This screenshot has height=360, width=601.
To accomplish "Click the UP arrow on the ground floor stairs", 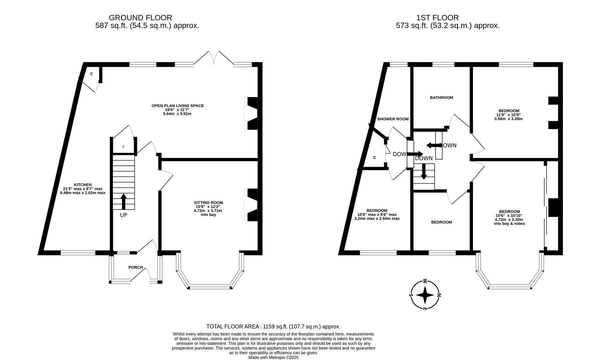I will tap(123, 201).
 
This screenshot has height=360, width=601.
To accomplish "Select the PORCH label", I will tap(135, 267).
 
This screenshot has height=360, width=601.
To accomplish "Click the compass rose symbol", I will tap(425, 295).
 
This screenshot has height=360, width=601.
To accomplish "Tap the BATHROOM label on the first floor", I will tap(441, 98).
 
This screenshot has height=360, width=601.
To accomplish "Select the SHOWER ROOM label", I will tap(393, 119).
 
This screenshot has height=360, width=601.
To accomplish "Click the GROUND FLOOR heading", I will tap(140, 18).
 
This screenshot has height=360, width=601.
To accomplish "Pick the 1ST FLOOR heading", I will tap(437, 18).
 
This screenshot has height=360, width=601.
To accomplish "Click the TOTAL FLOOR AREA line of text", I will tap(273, 327).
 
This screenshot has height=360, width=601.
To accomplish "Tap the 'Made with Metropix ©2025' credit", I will tap(273, 357).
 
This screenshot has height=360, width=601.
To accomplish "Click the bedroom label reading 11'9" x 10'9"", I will tap(509, 115).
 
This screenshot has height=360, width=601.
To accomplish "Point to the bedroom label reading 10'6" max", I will tap(377, 215).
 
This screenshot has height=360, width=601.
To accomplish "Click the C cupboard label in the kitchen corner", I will tap(91, 74).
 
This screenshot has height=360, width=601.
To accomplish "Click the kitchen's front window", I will tap(78, 253).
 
